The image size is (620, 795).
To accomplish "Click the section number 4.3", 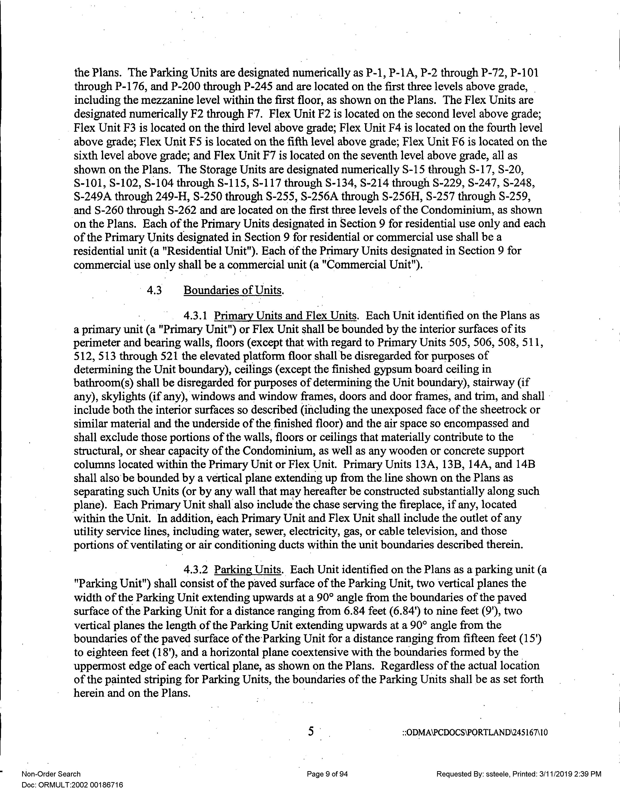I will click(154, 290).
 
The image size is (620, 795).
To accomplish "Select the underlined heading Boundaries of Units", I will click(233, 290).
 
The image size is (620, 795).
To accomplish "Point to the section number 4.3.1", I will click(195, 315).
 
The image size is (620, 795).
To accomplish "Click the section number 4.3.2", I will click(195, 569).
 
